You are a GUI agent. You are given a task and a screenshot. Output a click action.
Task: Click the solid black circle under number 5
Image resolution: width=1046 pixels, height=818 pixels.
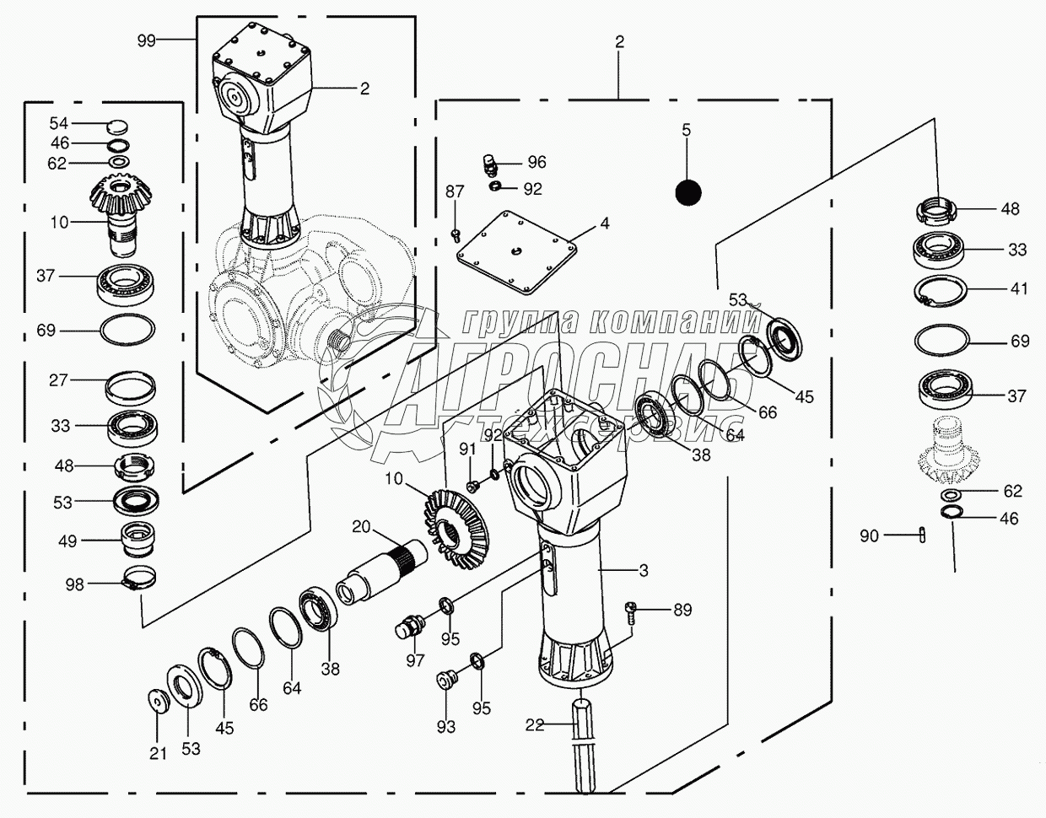click(x=687, y=192)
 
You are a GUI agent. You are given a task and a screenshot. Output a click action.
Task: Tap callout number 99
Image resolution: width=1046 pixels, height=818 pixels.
click(x=146, y=40)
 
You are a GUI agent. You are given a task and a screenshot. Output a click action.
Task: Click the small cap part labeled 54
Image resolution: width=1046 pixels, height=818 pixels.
click(x=117, y=126)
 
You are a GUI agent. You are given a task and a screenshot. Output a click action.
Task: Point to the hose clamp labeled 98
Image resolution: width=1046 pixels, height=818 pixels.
click(x=141, y=578)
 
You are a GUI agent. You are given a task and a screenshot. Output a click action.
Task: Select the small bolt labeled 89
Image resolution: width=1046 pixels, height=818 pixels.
click(x=631, y=613)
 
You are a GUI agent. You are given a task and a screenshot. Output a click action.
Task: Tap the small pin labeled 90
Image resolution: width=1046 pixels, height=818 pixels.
click(x=922, y=535)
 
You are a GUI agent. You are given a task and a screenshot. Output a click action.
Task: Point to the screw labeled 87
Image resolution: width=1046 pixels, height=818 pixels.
click(x=455, y=236)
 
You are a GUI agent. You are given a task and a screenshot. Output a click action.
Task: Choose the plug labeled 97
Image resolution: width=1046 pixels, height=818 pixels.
click(x=408, y=627)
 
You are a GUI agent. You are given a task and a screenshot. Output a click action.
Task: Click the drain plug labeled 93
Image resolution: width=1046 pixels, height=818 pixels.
click(x=445, y=680)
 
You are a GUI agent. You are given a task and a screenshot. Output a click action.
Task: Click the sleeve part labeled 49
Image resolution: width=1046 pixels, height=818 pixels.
click(x=138, y=540)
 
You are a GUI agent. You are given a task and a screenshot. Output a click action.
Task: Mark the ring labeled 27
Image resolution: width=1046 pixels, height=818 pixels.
click(x=131, y=386)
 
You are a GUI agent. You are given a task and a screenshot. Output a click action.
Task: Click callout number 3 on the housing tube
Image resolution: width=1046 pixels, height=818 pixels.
click(x=644, y=571)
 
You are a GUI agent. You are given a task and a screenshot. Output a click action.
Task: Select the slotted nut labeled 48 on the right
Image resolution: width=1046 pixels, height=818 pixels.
click(x=935, y=211)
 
